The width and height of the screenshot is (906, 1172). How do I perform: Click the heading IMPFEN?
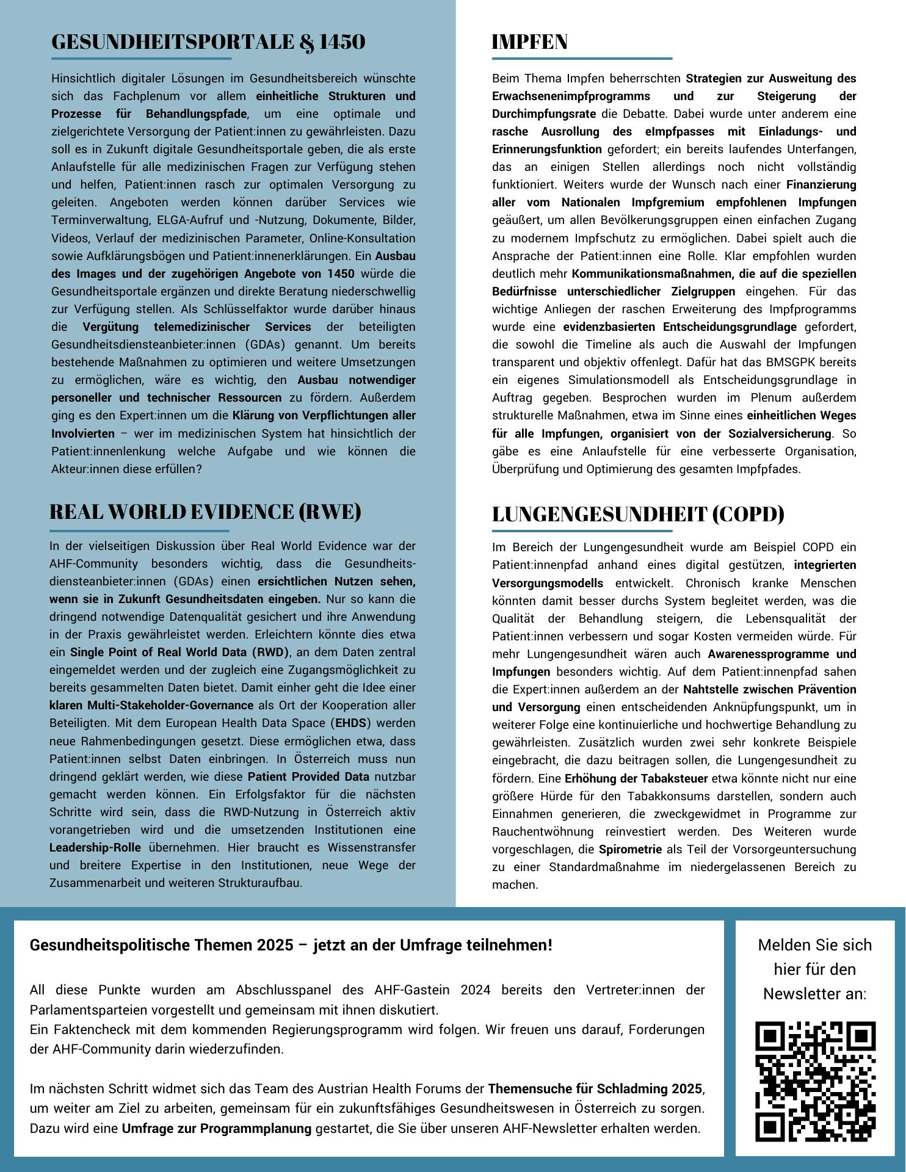point(529,42)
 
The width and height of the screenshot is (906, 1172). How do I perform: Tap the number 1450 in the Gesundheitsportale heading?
point(342,42)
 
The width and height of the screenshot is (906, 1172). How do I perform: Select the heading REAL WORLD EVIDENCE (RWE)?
point(205,512)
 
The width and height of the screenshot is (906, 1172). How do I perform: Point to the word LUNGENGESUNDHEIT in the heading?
point(599,514)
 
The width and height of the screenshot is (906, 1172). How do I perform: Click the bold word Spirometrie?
point(630,849)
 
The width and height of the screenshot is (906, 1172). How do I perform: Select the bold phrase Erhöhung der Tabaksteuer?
point(636,778)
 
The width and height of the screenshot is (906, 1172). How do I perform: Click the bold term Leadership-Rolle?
point(95,848)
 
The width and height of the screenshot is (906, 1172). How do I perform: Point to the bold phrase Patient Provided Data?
point(308,777)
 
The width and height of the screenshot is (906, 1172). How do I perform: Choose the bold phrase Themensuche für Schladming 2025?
point(595,1088)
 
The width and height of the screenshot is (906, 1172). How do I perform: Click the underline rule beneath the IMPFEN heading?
point(582,59)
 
